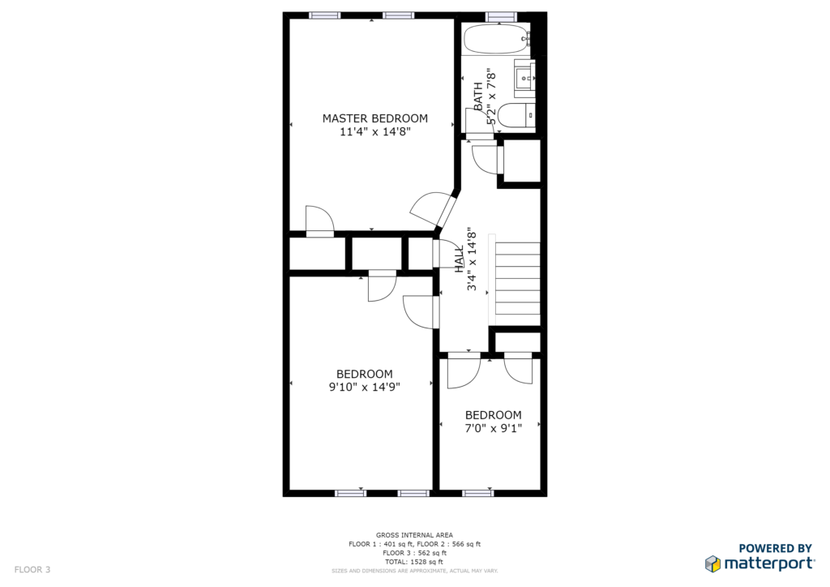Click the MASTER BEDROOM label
click(374, 118)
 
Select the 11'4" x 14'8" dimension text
click(374, 131)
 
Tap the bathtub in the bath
click(497, 39)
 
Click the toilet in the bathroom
click(517, 115)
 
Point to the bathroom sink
click(525, 79)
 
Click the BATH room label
click(478, 96)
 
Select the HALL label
click(459, 259)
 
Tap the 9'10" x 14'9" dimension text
click(364, 387)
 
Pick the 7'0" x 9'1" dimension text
click(494, 428)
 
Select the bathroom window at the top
click(500, 16)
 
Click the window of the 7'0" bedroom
click(478, 493)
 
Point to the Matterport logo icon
click(713, 563)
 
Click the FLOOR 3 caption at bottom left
click(32, 569)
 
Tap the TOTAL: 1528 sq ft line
click(414, 562)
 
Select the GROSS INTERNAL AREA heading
click(414, 535)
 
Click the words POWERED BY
click(776, 548)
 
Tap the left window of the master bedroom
click(325, 16)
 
